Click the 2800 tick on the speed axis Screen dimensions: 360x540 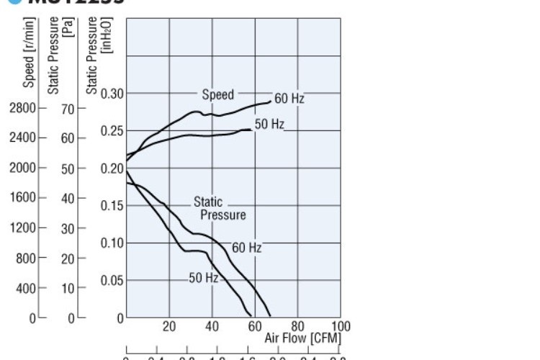(x=23, y=108)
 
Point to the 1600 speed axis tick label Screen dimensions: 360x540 (x=23, y=197)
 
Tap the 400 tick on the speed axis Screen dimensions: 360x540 (x=27, y=288)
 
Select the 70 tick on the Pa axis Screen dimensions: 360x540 (x=68, y=109)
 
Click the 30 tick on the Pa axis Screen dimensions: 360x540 (x=68, y=228)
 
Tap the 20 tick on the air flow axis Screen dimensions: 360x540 (x=169, y=326)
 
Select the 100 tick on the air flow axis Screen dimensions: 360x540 (x=341, y=326)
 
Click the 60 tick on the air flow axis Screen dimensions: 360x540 (x=255, y=326)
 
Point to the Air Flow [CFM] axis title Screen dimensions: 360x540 (x=302, y=338)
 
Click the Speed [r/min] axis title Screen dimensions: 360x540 (x=29, y=52)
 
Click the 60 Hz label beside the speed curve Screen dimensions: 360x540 (x=289, y=99)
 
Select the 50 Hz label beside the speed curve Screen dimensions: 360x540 (x=269, y=124)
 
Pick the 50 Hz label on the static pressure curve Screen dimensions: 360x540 (x=203, y=277)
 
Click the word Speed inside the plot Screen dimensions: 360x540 (x=217, y=94)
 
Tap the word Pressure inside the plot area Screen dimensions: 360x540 (x=223, y=215)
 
